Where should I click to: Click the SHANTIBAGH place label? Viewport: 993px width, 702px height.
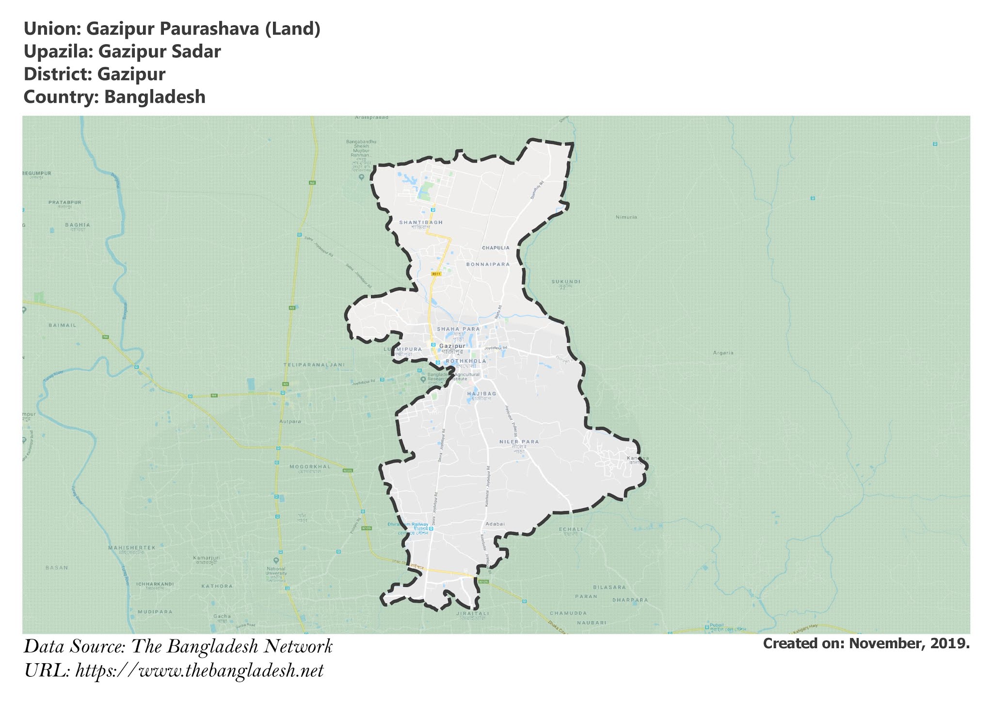(x=421, y=223)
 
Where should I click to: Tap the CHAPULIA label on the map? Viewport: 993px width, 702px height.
(x=496, y=248)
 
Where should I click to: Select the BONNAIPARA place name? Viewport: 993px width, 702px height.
(x=488, y=265)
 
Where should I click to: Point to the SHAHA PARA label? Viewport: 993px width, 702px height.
(x=458, y=329)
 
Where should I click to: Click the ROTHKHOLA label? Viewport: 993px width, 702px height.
(x=466, y=361)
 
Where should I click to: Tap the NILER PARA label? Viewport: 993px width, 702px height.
(x=519, y=442)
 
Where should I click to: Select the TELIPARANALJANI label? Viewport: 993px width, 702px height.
(x=314, y=365)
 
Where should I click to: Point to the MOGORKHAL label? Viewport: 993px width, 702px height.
(x=310, y=466)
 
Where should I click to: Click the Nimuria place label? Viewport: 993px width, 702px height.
(x=626, y=217)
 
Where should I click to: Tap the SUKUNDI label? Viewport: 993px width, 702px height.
(x=566, y=282)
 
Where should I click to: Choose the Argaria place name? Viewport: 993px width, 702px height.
(x=723, y=353)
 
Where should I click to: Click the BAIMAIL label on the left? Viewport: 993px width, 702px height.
(x=62, y=325)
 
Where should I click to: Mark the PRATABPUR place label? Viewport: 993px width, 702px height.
(x=64, y=202)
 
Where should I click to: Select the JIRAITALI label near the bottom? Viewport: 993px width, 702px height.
(x=472, y=613)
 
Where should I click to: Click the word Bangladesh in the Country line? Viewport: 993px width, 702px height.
(x=155, y=97)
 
